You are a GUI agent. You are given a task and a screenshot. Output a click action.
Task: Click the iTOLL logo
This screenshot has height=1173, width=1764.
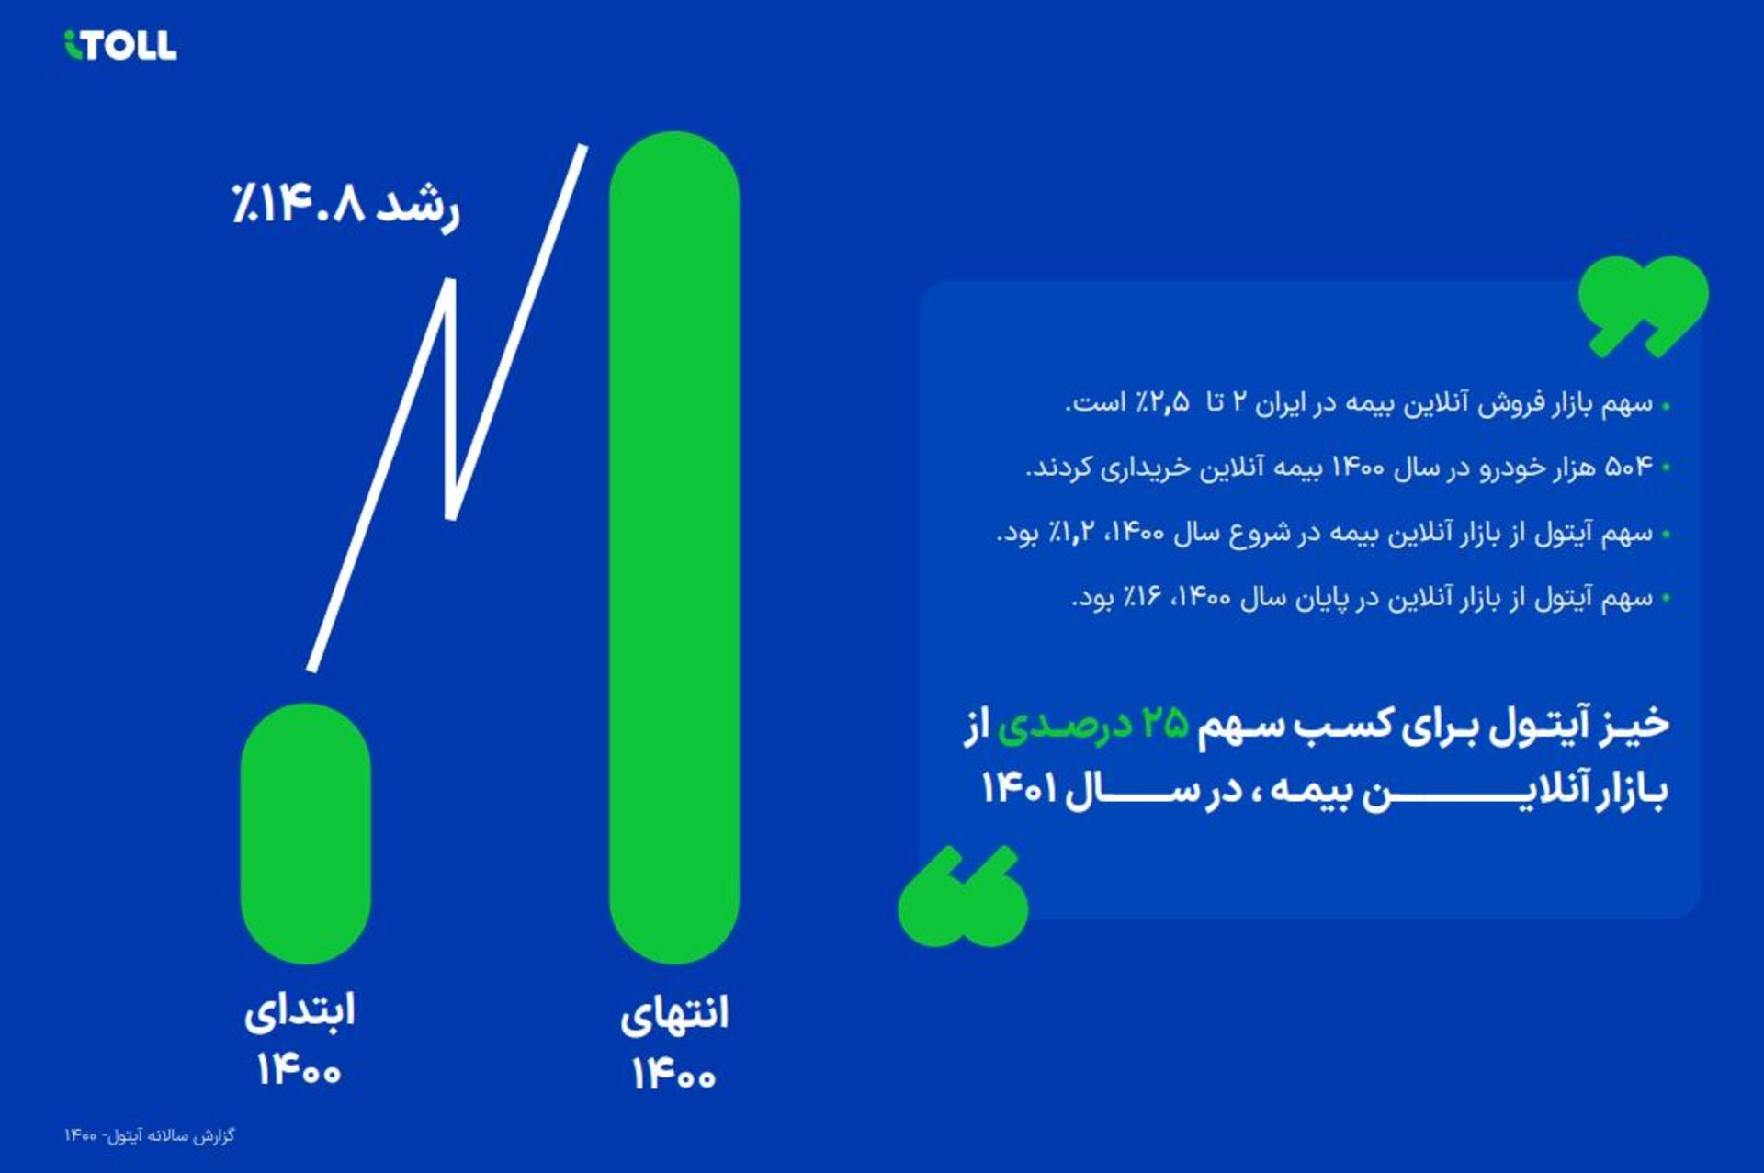(x=120, y=45)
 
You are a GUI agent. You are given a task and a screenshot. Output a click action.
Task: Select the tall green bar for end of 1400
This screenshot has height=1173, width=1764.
(x=673, y=547)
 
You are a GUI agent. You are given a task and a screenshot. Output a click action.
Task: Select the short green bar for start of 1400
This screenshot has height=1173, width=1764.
(x=305, y=832)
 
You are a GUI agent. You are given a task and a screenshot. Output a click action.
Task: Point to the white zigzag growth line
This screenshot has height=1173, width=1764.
(x=449, y=404)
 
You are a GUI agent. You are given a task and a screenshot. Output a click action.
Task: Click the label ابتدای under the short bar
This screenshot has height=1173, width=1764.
(x=300, y=1011)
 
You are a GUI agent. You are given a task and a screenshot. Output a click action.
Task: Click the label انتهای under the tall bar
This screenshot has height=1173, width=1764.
(x=673, y=1014)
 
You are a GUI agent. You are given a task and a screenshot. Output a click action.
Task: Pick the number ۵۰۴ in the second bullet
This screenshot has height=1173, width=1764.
(x=1628, y=468)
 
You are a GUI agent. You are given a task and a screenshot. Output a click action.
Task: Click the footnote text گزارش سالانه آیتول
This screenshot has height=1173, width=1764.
(x=171, y=1136)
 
